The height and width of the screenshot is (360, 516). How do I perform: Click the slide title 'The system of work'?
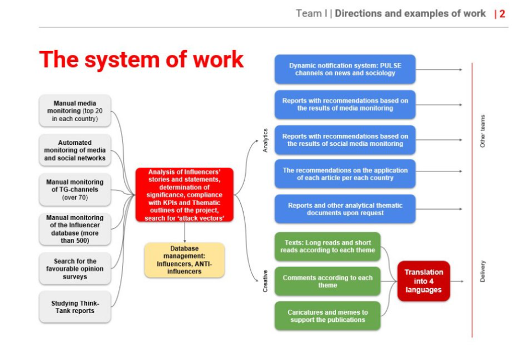[141, 59]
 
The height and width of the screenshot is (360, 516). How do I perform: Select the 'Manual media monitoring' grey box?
[75, 111]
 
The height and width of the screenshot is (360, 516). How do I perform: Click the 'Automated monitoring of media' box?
[75, 150]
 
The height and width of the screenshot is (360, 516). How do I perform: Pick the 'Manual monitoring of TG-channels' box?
[75, 190]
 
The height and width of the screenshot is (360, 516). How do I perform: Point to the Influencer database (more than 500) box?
[75, 229]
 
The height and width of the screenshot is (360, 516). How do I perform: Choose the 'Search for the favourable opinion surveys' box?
[75, 269]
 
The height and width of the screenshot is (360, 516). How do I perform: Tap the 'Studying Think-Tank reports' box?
[75, 307]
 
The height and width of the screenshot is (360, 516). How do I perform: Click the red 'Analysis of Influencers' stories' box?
[185, 195]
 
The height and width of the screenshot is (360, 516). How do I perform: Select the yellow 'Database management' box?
[185, 260]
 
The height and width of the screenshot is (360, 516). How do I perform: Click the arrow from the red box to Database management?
[185, 232]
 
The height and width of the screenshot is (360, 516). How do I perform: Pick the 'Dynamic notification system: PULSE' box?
[345, 69]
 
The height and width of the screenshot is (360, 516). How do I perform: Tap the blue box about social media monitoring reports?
[345, 140]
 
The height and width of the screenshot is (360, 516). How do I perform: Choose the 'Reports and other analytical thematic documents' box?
[345, 209]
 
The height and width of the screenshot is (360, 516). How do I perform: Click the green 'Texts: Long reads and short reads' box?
[328, 246]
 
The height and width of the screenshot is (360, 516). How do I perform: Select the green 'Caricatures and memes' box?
[328, 316]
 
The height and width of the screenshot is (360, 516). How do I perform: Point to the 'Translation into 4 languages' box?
[424, 281]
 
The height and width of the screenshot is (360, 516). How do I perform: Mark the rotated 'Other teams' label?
[483, 131]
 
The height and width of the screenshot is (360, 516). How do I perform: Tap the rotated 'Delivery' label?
[483, 272]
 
